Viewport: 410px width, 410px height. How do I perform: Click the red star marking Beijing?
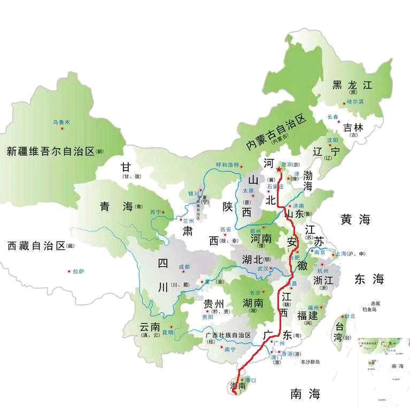point(279,169)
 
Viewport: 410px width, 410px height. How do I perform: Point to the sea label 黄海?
point(355,219)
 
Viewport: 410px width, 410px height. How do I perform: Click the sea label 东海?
point(369,279)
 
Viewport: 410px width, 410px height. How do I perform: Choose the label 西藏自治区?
point(36,246)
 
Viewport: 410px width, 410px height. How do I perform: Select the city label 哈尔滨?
point(355,101)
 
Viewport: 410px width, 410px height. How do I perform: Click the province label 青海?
point(115,206)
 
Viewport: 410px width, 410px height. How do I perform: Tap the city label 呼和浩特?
point(227,165)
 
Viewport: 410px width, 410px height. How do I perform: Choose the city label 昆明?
point(168,332)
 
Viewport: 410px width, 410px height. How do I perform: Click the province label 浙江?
point(324,280)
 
